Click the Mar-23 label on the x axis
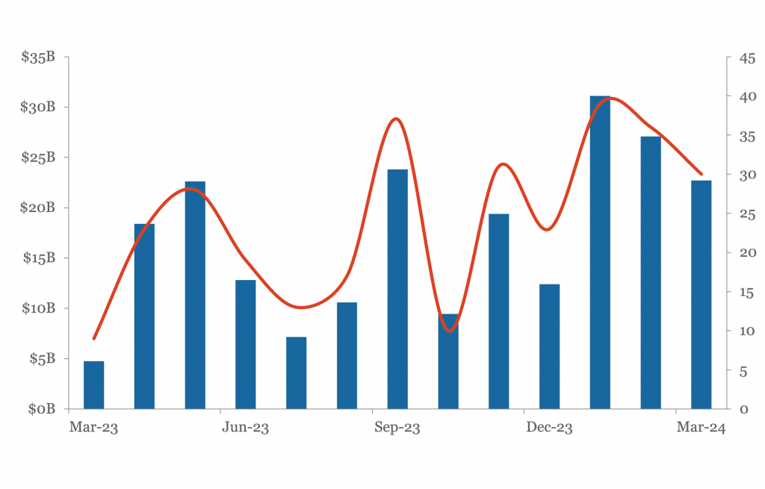point(93,428)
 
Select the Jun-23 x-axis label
point(245,428)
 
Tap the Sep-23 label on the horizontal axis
point(397,428)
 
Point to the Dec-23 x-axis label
point(549,428)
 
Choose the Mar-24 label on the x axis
point(701,428)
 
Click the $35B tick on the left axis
point(38,57)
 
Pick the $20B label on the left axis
point(37,208)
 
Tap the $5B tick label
point(43,359)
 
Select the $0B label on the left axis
point(42,409)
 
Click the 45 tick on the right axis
point(747,58)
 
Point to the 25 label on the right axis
point(747,214)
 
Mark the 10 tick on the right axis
point(747,331)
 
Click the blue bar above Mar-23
point(93,385)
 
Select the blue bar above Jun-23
point(245,344)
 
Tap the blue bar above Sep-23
point(397,289)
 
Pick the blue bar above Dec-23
point(549,346)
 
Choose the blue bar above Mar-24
point(701,295)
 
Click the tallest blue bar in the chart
point(600,252)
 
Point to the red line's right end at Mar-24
point(701,173)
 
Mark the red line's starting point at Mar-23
point(93,338)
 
